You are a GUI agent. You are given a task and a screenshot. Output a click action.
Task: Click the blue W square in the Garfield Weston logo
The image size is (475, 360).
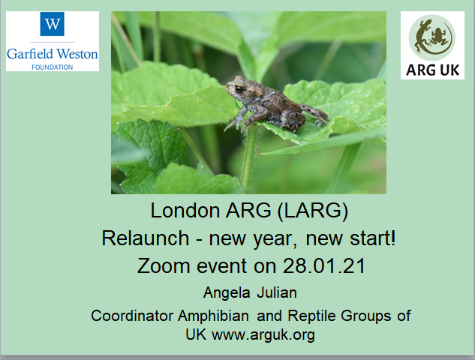tap(52, 24)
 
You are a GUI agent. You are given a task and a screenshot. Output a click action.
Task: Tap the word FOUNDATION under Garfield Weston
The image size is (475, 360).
tap(53, 67)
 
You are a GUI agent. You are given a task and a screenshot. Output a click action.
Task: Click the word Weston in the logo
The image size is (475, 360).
tap(77, 54)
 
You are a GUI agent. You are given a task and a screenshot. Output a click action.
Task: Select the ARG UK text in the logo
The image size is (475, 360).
tap(432, 70)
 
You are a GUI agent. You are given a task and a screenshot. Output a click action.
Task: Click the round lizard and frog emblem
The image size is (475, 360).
tap(432, 37)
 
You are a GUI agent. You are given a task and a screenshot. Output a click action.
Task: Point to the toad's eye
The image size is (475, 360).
tap(239, 89)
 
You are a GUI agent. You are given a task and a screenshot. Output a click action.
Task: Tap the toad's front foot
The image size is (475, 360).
tap(234, 124)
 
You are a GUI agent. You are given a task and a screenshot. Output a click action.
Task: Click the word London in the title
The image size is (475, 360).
tap(185, 211)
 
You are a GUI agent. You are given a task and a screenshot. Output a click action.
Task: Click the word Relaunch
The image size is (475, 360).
tap(146, 238)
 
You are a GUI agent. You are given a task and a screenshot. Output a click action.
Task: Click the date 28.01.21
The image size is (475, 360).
tap(324, 266)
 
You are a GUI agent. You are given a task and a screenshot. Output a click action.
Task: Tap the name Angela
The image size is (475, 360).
tap(227, 292)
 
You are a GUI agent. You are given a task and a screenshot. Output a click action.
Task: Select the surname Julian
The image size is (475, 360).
tap(277, 292)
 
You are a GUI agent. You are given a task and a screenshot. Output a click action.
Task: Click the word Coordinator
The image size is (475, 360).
tap(132, 316)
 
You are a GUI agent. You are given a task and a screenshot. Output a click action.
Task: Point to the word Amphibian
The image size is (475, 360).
tap(213, 316)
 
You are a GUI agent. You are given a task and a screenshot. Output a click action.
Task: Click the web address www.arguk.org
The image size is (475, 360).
tap(263, 334)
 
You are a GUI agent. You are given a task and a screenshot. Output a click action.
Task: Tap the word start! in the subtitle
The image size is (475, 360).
tap(373, 238)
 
